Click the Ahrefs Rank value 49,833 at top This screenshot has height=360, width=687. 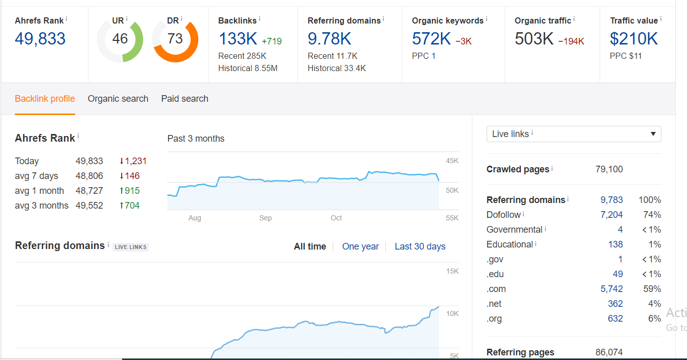coord(40,39)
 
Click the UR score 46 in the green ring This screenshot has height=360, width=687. coord(120,39)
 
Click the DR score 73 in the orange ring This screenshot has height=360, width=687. coord(175,39)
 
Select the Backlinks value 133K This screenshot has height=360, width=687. coord(238,39)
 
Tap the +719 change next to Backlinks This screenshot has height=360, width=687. coord(271,41)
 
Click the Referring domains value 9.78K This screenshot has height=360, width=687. coord(329,39)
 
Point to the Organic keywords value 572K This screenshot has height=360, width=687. coord(431,39)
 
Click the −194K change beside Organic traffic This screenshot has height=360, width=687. coord(571,41)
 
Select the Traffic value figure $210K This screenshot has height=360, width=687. coord(634,39)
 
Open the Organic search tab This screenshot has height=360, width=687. coord(118,99)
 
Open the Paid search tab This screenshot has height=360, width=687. coord(185,99)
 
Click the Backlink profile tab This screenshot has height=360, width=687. coord(45,99)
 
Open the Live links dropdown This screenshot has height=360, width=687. coord(574,134)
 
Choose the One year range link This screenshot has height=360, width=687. coord(360,246)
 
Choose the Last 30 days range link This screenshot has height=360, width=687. coord(420,246)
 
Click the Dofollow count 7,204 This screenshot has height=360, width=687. coord(611,215)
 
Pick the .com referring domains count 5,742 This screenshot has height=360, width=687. coord(611,289)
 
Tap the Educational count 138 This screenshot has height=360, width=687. coord(615,244)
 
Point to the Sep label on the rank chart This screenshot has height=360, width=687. coord(265,218)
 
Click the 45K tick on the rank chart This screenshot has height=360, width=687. coord(452,161)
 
